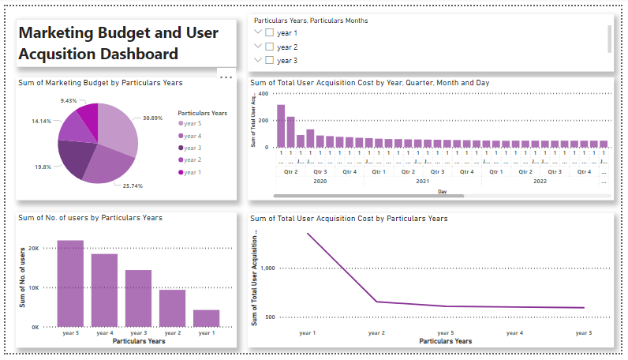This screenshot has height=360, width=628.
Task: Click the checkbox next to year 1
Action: (270, 33)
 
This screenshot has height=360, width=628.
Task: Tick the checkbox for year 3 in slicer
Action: (270, 60)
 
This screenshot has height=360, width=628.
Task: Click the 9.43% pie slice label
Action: (69, 101)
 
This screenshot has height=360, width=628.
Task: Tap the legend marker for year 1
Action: (181, 172)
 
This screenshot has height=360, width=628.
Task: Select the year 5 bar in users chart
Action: (70, 283)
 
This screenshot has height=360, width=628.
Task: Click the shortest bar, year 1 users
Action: (206, 318)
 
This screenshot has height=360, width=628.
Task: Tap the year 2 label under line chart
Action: (376, 333)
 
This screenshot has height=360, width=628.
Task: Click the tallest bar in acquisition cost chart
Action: (281, 126)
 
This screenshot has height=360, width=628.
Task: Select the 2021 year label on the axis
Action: (422, 181)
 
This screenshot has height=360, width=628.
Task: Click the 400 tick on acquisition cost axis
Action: (264, 94)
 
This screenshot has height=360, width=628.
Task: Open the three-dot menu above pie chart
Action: (226, 77)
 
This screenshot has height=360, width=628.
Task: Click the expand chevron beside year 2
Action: (256, 47)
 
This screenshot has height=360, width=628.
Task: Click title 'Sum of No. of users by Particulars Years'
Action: (91, 218)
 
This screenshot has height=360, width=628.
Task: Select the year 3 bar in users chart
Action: (138, 298)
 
